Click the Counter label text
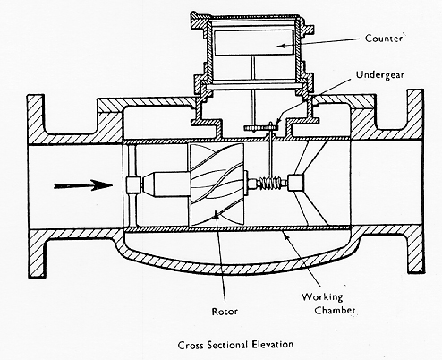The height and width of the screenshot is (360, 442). coord(384,39)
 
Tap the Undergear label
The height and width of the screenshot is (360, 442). coord(380,74)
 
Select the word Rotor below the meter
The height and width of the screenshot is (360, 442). coord(225,312)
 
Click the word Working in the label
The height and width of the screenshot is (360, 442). coord(322,297)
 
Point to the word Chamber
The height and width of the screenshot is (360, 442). coord(335,310)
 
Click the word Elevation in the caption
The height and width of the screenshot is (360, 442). coord(273,345)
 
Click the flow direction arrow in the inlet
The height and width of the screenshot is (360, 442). coord(83,185)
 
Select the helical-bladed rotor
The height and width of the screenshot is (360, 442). coord(217,184)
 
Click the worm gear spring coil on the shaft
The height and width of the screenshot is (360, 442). coord(270,183)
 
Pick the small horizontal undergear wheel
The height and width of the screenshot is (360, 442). coord(261,128)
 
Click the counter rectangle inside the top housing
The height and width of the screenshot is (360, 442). coord(253,42)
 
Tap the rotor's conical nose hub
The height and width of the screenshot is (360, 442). coord(166,184)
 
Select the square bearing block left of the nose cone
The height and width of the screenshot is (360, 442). coord(133,184)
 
